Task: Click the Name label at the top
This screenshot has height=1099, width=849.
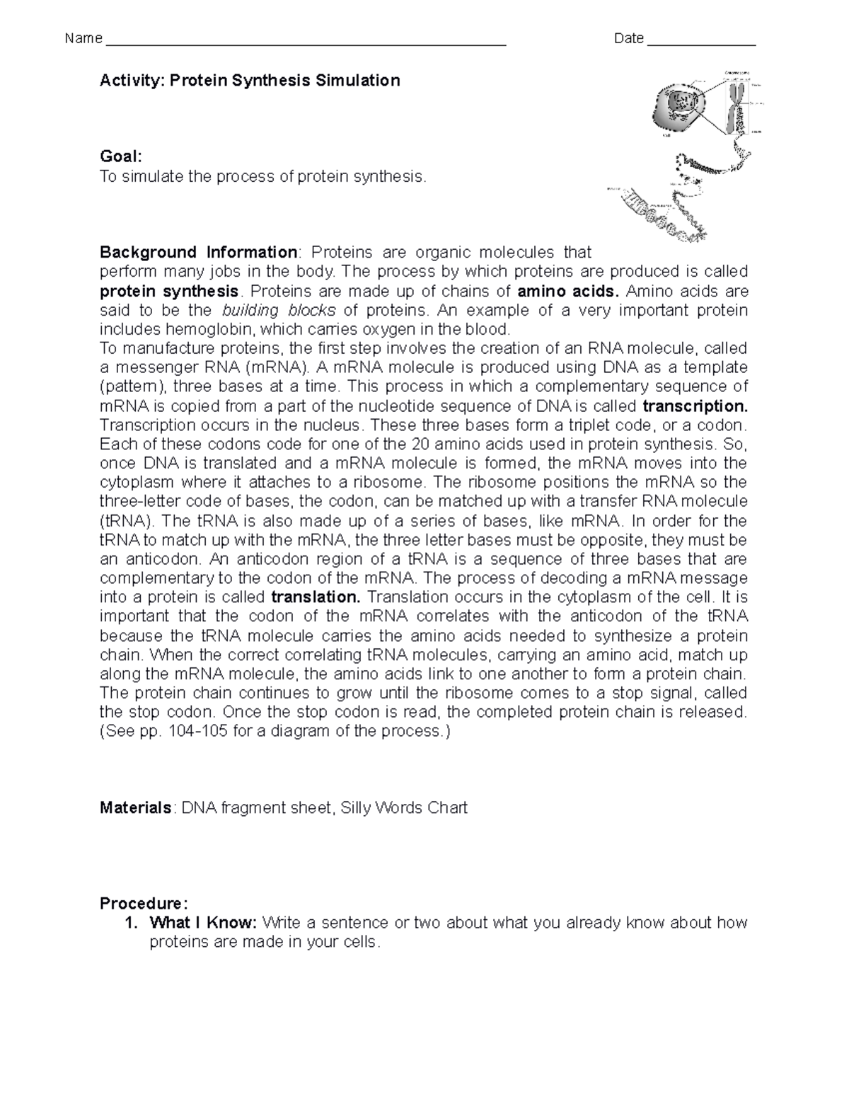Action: point(83,39)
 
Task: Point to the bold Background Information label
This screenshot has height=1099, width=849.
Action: point(198,253)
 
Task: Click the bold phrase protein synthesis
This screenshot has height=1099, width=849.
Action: point(169,292)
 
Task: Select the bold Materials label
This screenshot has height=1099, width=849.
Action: point(135,808)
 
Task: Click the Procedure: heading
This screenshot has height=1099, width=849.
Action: point(144,904)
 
